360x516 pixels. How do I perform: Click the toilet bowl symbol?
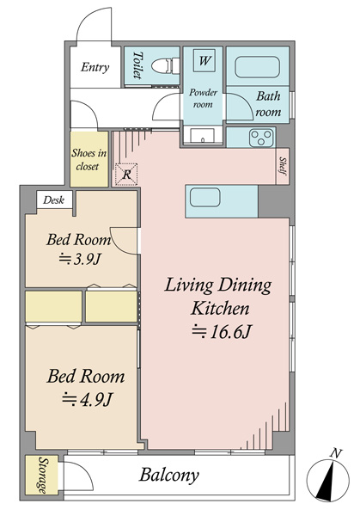tap(165, 66)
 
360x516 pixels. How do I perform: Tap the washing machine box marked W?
tap(204, 60)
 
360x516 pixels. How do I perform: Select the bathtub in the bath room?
tap(258, 67)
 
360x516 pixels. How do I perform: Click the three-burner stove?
tap(262, 138)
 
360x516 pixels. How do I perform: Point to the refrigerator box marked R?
tap(126, 175)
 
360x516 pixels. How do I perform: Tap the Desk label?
tap(53, 200)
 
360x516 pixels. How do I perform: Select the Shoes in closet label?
tap(88, 160)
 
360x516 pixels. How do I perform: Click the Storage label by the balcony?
tap(42, 475)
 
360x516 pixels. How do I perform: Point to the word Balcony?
tap(169, 476)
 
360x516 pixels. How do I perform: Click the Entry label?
tap(95, 67)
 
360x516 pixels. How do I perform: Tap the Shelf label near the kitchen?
tap(282, 165)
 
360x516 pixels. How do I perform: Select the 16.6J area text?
tap(222, 332)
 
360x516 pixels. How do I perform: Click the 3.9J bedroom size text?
tap(79, 260)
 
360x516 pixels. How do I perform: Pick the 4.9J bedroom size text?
tap(88, 400)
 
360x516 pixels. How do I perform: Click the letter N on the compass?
tap(335, 454)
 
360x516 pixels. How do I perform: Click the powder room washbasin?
tap(202, 136)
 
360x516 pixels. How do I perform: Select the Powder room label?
tap(203, 98)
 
